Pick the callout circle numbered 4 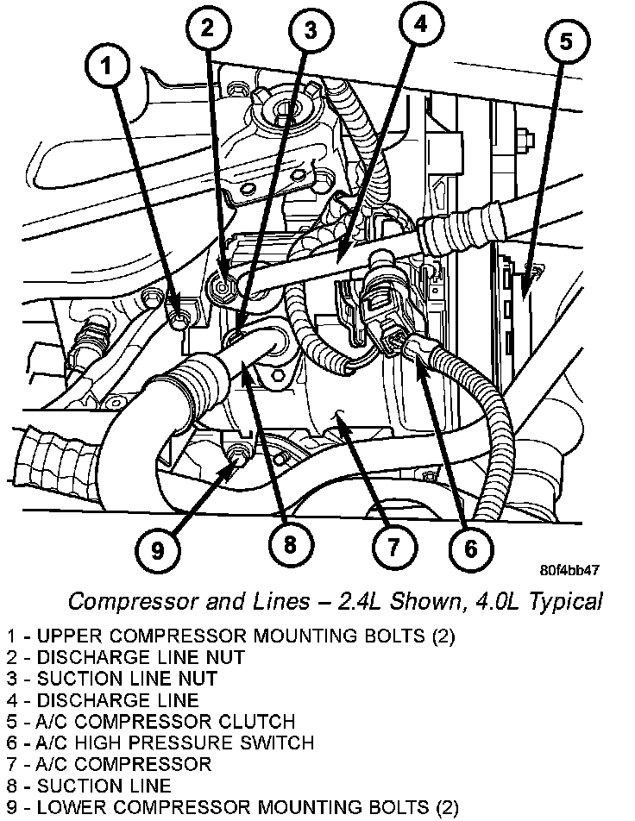[x=419, y=26]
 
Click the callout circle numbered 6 [x=469, y=547]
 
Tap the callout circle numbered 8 [x=289, y=543]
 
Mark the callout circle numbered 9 [x=158, y=548]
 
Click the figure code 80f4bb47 [x=569, y=571]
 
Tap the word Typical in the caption [x=564, y=601]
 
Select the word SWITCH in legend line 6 [x=274, y=743]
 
